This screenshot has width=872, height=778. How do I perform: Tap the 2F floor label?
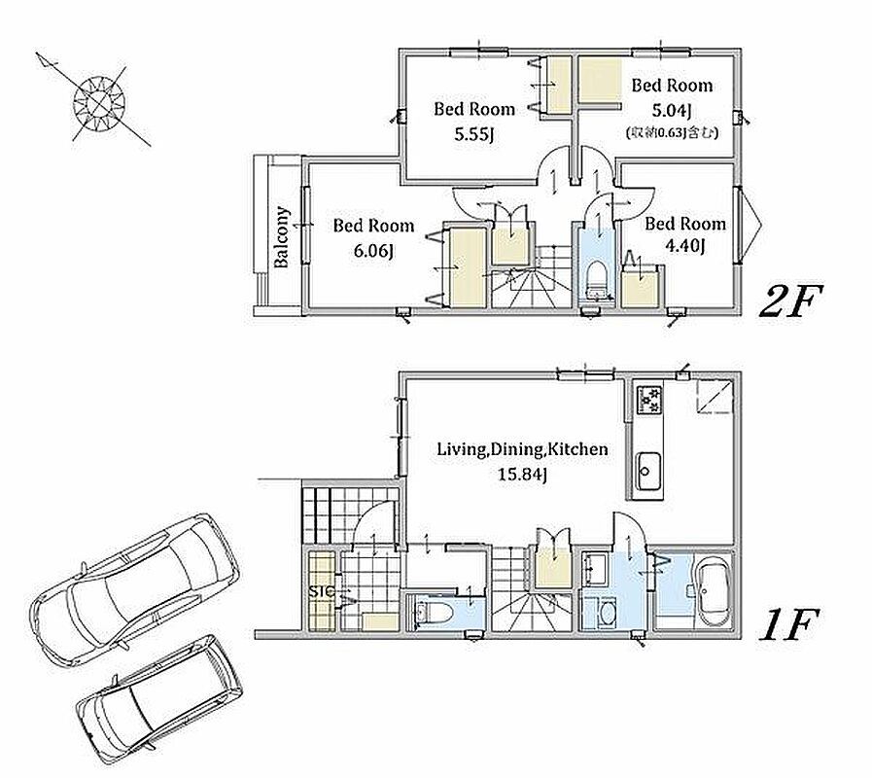789,301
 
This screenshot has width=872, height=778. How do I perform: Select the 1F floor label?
788,624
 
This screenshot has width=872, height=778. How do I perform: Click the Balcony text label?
281,236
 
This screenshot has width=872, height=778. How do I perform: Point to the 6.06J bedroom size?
373,251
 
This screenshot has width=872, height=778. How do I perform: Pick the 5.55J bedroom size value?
474,134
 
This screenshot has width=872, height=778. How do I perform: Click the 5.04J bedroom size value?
672,111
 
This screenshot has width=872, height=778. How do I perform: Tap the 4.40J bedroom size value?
685,245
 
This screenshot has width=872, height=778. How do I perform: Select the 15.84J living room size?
522,475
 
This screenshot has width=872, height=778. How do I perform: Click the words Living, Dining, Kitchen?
522,449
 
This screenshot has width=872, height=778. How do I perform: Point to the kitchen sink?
648,471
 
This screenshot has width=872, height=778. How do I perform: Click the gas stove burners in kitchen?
649,399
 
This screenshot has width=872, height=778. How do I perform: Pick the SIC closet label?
322,591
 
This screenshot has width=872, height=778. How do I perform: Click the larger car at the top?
134,590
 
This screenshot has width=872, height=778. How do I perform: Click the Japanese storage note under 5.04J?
672,132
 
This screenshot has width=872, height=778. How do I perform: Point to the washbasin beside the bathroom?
595,568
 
